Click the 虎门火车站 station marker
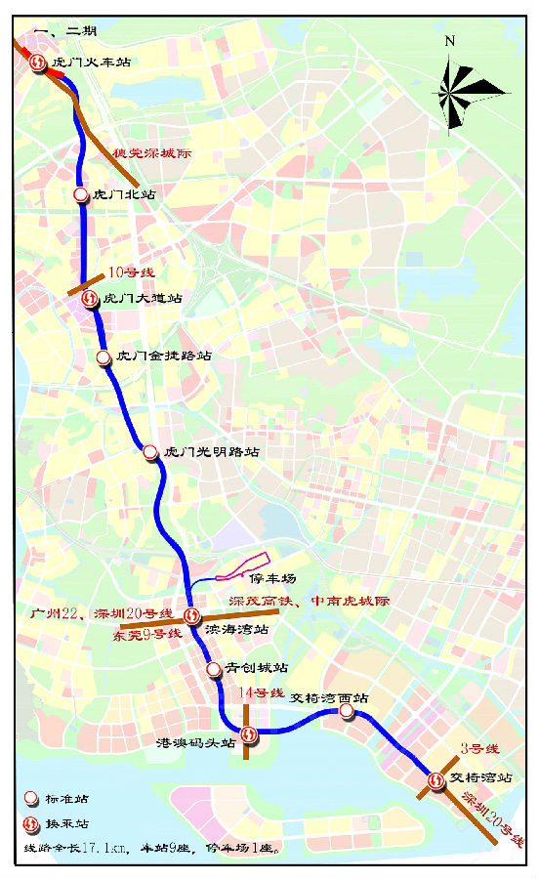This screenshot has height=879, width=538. [x=37, y=63]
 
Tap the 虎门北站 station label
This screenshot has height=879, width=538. [x=123, y=195]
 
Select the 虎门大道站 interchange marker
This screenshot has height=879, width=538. [x=90, y=299]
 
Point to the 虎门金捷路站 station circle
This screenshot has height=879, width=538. [x=104, y=357]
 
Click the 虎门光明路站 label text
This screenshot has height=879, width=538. [x=212, y=452]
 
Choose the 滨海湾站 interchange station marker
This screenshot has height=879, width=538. [x=192, y=616]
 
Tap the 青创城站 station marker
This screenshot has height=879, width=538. [x=214, y=669]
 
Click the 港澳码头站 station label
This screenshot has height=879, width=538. [x=196, y=743]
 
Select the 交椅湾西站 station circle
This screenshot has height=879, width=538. [x=347, y=713]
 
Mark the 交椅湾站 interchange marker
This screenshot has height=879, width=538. [x=435, y=779]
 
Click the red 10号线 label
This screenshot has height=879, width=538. [x=132, y=272]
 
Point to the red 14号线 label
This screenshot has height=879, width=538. [x=261, y=692]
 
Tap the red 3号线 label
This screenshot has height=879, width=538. [x=479, y=749]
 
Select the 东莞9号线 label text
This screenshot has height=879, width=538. [x=147, y=634]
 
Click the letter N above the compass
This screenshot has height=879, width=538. [x=449, y=41]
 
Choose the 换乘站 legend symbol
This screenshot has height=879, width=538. [x=31, y=822]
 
